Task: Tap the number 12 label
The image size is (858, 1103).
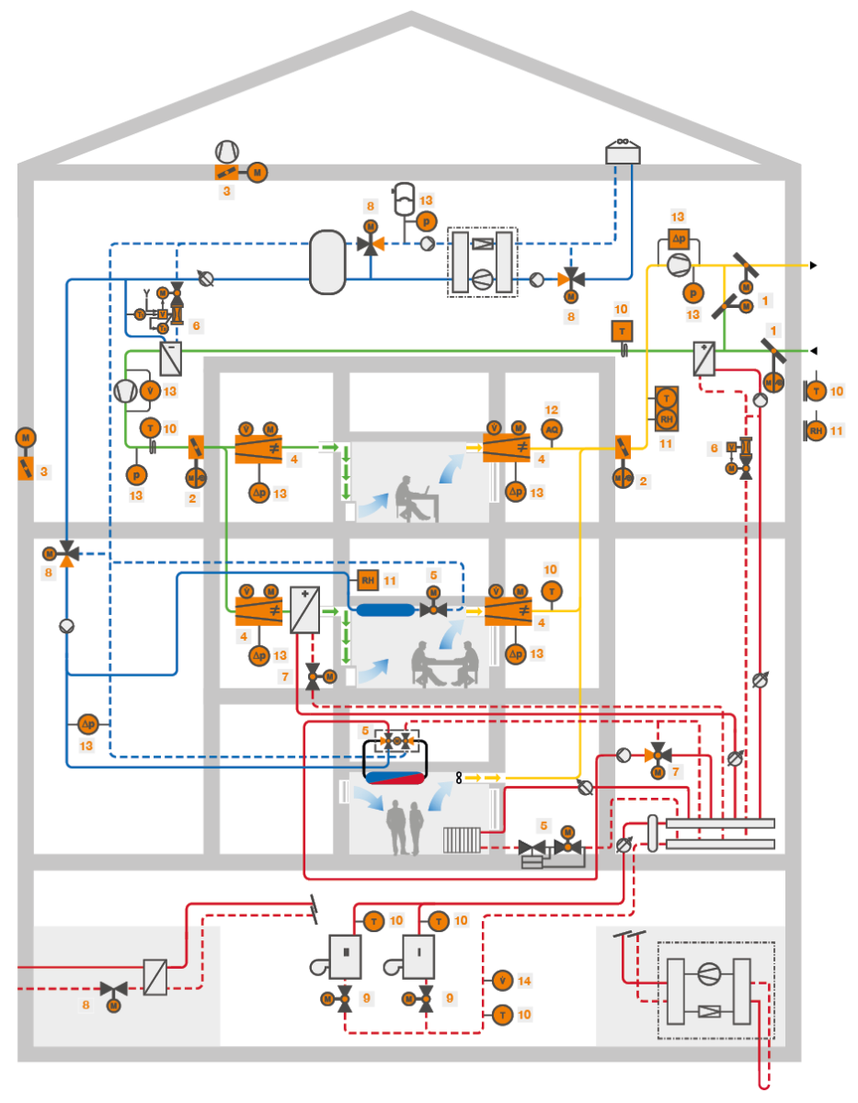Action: click(x=552, y=409)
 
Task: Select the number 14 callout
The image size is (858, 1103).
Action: click(x=524, y=981)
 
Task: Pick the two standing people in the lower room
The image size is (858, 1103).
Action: click(x=405, y=826)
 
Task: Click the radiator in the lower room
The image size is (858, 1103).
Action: click(x=462, y=839)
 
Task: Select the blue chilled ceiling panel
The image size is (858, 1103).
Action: click(x=386, y=609)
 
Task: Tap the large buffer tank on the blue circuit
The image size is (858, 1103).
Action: click(x=327, y=262)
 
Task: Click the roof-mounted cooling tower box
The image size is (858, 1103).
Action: click(x=623, y=153)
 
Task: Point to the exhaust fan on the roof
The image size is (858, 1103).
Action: click(x=226, y=151)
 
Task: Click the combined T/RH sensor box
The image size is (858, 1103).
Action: click(x=666, y=409)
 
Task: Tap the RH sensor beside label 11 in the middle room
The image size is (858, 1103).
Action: click(x=368, y=580)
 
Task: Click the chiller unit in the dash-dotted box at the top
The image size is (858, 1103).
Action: click(x=482, y=262)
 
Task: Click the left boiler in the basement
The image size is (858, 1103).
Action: click(x=345, y=956)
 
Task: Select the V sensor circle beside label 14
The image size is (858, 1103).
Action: click(x=501, y=981)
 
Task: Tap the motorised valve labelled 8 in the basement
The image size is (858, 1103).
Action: click(x=113, y=991)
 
